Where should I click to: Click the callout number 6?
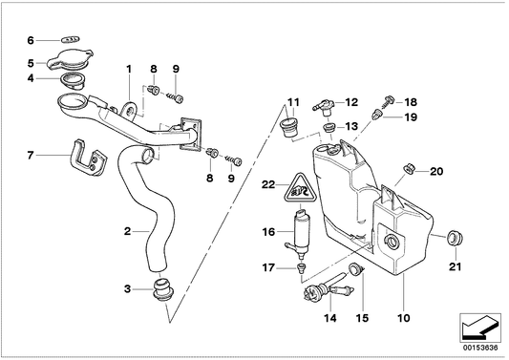click(x=30, y=40)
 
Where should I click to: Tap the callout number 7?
click(x=30, y=155)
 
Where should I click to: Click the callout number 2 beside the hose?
click(x=126, y=230)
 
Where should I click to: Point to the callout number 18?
click(x=412, y=101)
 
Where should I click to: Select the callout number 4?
click(x=30, y=78)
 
